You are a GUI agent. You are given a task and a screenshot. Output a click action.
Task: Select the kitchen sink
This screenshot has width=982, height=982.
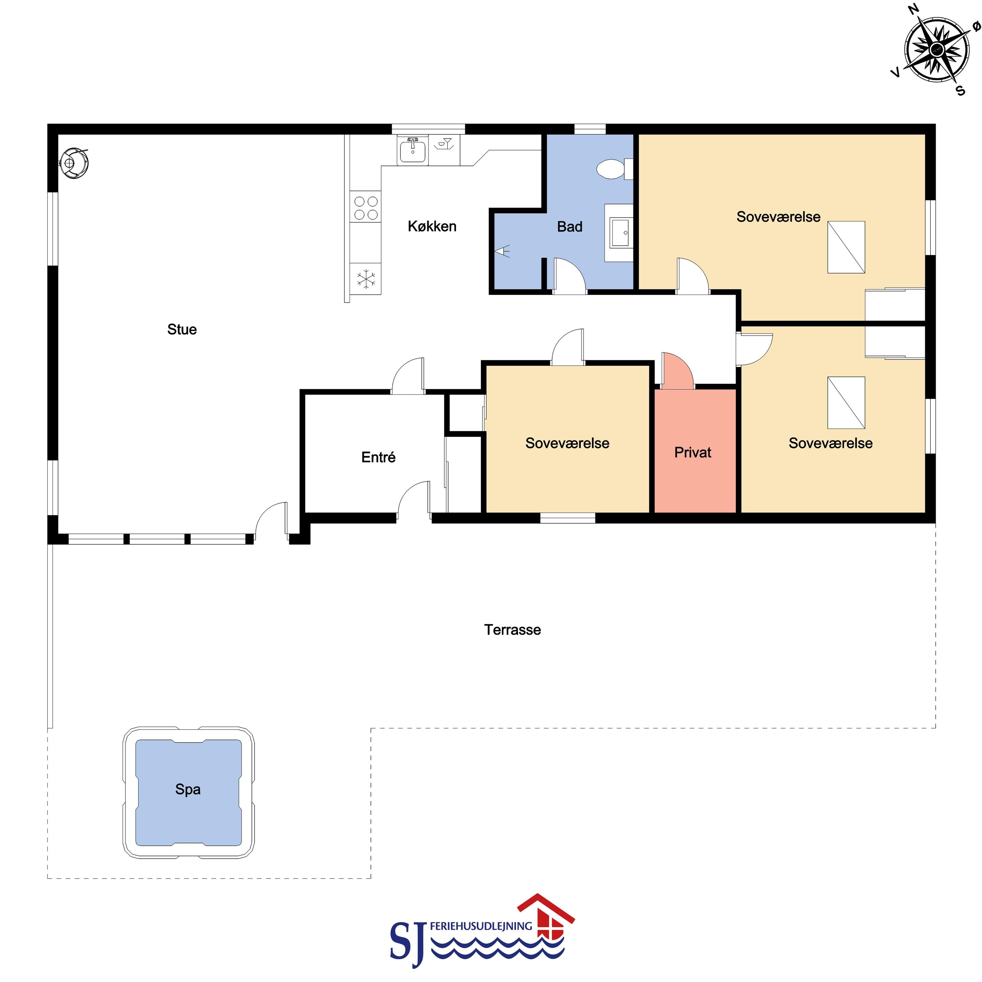(412, 149)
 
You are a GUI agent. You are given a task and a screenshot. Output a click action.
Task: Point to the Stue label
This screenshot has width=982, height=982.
(182, 329)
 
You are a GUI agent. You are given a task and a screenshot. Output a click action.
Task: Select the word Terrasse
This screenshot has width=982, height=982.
(512, 630)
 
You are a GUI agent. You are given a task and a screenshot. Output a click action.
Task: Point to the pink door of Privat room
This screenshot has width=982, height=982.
(678, 370)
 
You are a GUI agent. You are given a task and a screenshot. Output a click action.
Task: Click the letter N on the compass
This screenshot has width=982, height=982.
(913, 8)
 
